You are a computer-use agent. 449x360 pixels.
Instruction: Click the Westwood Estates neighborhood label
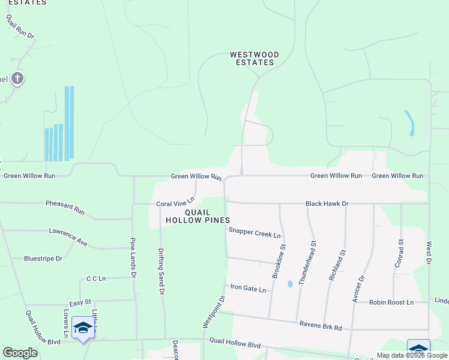pos(255,58)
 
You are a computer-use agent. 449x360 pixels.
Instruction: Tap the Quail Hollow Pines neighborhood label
pos(198,216)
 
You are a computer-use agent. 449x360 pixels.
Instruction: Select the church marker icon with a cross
pos(17,78)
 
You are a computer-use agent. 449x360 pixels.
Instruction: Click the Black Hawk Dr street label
pos(327,204)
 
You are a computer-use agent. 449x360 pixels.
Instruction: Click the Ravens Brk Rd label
pos(321,327)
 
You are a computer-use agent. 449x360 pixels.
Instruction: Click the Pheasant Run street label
pos(65,208)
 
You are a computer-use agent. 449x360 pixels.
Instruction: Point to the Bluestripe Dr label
pos(43,259)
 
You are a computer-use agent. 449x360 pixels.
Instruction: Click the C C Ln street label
pos(96,278)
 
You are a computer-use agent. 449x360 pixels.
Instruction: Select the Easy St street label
pos(79,302)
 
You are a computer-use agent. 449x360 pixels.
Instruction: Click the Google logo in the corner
pos(20,352)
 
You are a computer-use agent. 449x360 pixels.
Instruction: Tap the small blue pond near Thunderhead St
pos(290,284)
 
